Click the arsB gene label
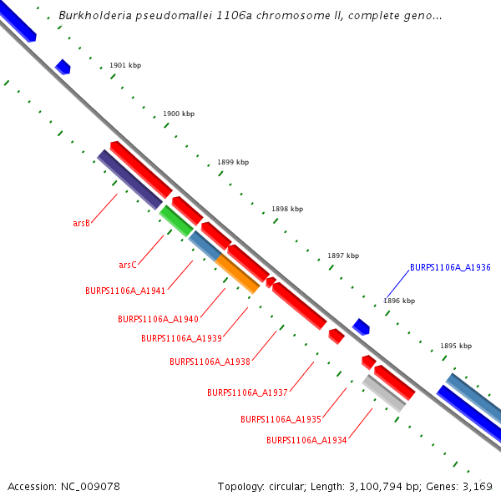[x=81, y=224]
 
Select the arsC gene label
[x=127, y=266]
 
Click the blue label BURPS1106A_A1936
[x=450, y=268]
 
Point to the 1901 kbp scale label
[x=125, y=65]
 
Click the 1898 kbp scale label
[x=287, y=210]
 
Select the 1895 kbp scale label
[x=456, y=346]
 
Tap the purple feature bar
[x=130, y=180]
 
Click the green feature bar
[x=176, y=220]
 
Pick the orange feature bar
[x=237, y=274]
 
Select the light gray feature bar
[x=384, y=393]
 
